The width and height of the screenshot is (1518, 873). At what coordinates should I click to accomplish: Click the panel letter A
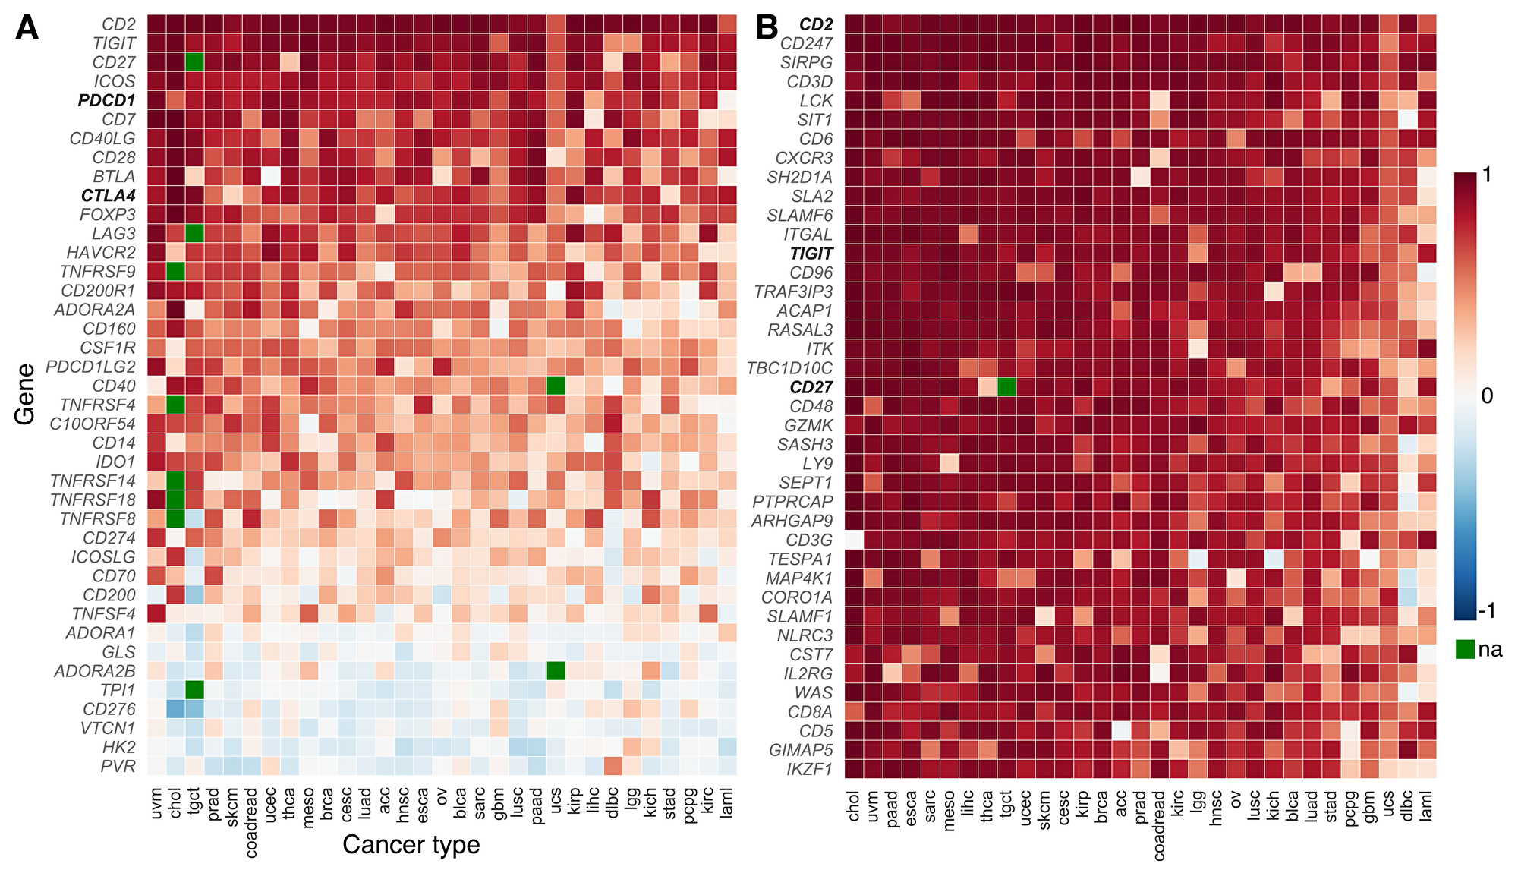[x=27, y=29]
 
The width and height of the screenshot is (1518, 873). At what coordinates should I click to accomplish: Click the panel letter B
[x=767, y=29]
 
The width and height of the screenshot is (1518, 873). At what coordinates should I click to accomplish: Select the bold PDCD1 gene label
[x=106, y=100]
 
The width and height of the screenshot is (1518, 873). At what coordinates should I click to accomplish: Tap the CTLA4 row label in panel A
[x=108, y=196]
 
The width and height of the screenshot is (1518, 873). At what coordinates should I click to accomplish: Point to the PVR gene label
[x=118, y=766]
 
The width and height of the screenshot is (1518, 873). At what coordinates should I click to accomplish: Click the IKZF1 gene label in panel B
[x=809, y=769]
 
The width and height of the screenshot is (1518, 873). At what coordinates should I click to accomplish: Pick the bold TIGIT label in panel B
[x=811, y=254]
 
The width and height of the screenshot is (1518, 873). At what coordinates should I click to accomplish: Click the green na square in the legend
[x=1465, y=649]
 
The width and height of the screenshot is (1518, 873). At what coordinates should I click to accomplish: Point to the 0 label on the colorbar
[x=1486, y=396]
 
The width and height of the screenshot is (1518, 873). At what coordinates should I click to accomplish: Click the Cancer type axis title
[x=411, y=844]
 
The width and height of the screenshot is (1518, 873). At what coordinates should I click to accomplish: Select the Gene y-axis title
[x=25, y=394]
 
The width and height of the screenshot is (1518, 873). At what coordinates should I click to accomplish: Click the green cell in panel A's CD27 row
[x=194, y=62]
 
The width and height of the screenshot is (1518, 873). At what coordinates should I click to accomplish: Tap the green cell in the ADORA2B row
[x=556, y=671]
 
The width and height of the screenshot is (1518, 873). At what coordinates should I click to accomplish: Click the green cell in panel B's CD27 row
[x=1006, y=387]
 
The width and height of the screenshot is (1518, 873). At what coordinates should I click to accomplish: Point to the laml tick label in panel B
[x=1426, y=804]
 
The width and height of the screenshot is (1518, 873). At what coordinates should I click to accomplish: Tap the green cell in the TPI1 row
[x=194, y=690]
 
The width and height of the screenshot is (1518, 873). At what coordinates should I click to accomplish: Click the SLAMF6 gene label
[x=799, y=216]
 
